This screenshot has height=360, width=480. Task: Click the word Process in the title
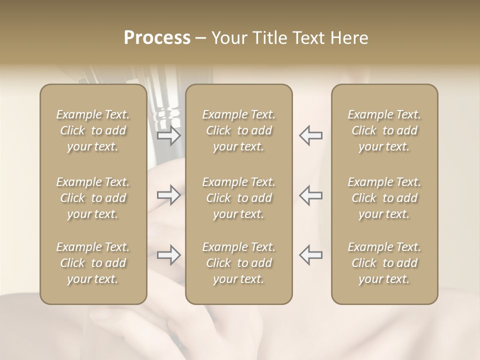click(x=157, y=38)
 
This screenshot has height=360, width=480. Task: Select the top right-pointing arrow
click(x=169, y=135)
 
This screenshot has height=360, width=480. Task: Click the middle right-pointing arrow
click(x=169, y=195)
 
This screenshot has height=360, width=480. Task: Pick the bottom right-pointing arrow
click(x=169, y=255)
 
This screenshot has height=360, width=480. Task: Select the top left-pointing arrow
click(x=311, y=135)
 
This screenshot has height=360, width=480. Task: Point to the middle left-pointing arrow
click(x=311, y=195)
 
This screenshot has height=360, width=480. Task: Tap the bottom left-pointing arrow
click(x=311, y=255)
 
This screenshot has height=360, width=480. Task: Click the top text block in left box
click(x=93, y=130)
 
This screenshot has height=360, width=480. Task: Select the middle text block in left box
click(x=93, y=198)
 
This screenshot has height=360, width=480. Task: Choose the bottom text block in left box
click(x=93, y=263)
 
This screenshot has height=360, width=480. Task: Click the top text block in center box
click(x=239, y=130)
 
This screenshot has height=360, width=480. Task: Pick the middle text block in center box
click(x=239, y=198)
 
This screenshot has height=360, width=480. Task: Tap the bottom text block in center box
click(x=239, y=263)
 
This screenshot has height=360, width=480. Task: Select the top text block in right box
click(x=384, y=130)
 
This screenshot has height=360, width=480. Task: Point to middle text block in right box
click(x=384, y=198)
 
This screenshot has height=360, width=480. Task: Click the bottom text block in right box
click(x=384, y=263)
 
